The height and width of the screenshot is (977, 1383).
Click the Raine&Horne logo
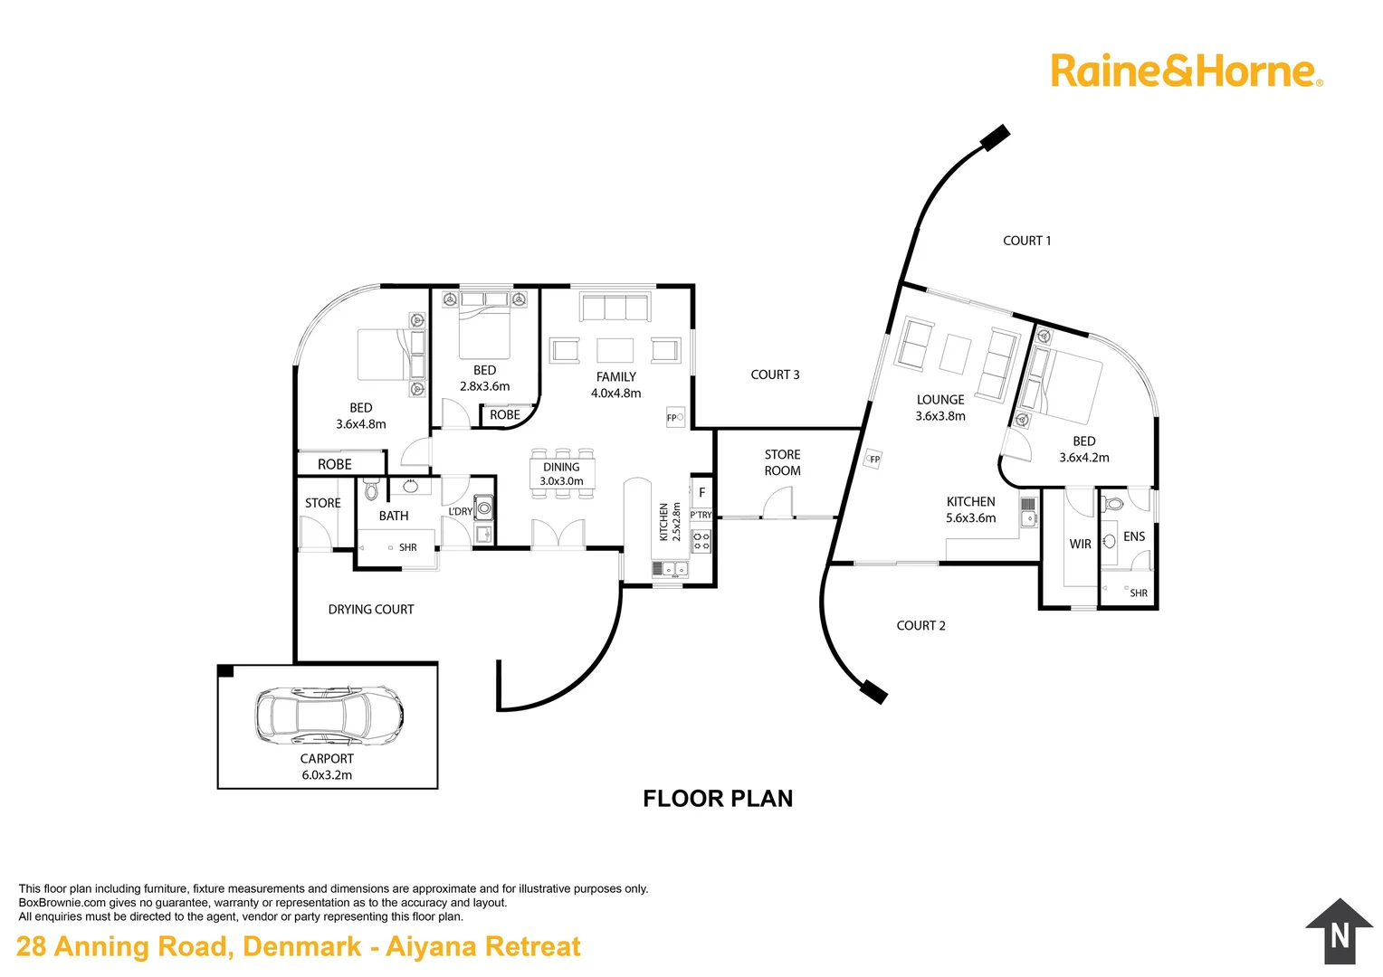click(x=1187, y=71)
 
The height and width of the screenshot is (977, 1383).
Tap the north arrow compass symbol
click(x=1339, y=932)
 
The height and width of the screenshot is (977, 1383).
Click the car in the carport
click(x=329, y=716)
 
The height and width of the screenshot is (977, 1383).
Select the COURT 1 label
click(x=1026, y=241)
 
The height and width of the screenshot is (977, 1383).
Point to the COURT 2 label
click(x=920, y=625)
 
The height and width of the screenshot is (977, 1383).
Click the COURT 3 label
click(x=775, y=375)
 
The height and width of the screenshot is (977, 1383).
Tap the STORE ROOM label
click(x=782, y=462)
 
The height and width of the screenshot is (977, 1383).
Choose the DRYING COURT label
click(x=371, y=609)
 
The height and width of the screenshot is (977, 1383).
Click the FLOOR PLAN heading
click(x=718, y=798)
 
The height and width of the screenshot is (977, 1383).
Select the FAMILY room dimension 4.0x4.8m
click(x=615, y=394)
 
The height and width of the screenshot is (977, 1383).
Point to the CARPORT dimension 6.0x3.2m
click(x=327, y=774)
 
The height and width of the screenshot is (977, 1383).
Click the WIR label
click(x=1080, y=544)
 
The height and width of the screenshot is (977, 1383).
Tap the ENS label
click(x=1134, y=536)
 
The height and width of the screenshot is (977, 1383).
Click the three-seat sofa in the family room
click(x=615, y=307)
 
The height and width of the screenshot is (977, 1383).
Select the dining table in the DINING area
click(x=562, y=474)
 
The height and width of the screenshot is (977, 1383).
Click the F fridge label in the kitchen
click(x=702, y=492)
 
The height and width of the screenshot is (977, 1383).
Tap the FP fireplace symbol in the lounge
click(x=873, y=459)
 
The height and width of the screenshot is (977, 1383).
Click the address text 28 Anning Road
click(x=125, y=946)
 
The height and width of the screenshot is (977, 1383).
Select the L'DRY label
click(x=461, y=511)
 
